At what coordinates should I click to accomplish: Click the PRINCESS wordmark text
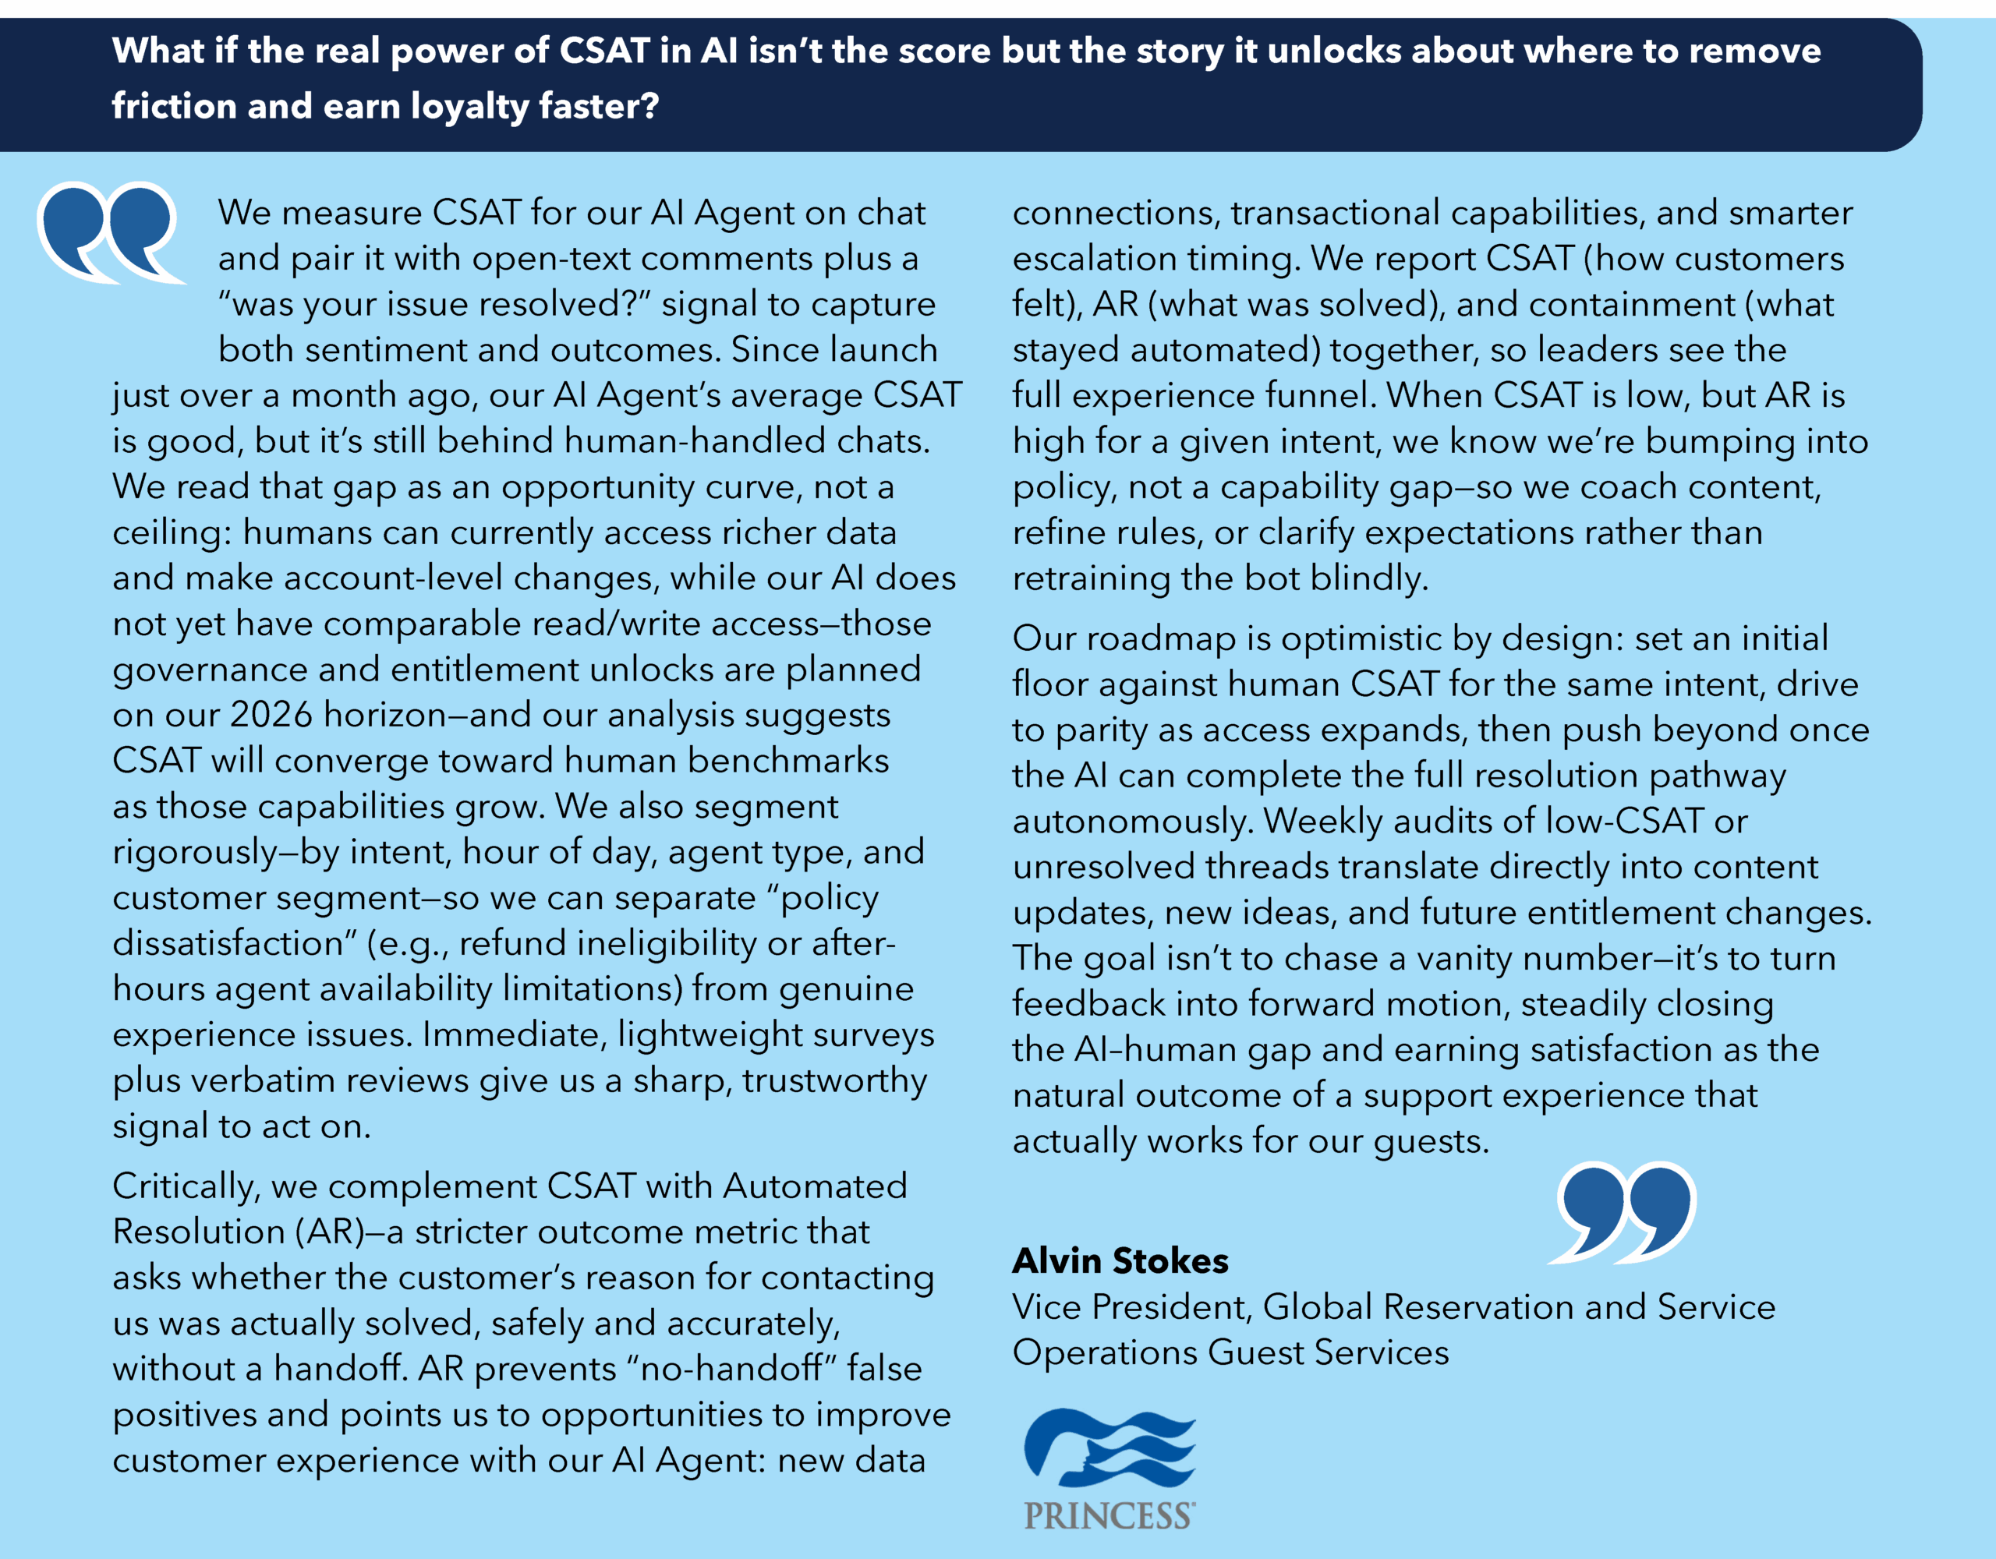[1109, 1516]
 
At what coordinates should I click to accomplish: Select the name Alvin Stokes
[1120, 1261]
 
